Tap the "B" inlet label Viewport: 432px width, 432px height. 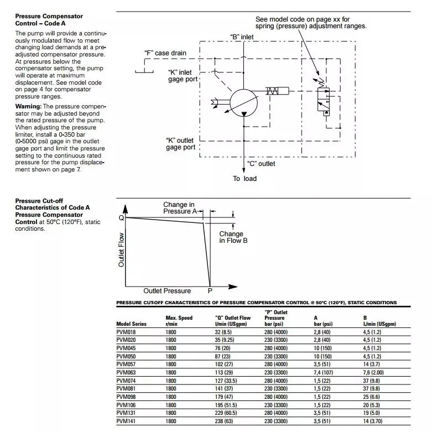(242, 37)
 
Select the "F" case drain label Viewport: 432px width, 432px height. (165, 53)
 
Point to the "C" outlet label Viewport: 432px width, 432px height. (261, 164)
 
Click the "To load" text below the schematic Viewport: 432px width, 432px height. (244, 179)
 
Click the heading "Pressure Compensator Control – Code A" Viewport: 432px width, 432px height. (49, 20)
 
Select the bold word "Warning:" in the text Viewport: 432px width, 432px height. (29, 106)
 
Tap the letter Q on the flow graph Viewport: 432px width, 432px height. (121, 218)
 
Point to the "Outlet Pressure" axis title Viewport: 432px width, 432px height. (167, 291)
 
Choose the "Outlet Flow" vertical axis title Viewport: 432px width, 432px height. (122, 249)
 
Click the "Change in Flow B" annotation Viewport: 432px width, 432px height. (233, 237)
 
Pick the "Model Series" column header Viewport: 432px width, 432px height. (131, 324)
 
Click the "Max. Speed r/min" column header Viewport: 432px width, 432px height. (179, 321)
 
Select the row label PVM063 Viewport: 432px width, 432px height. (126, 373)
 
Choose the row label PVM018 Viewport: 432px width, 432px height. (126, 332)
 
